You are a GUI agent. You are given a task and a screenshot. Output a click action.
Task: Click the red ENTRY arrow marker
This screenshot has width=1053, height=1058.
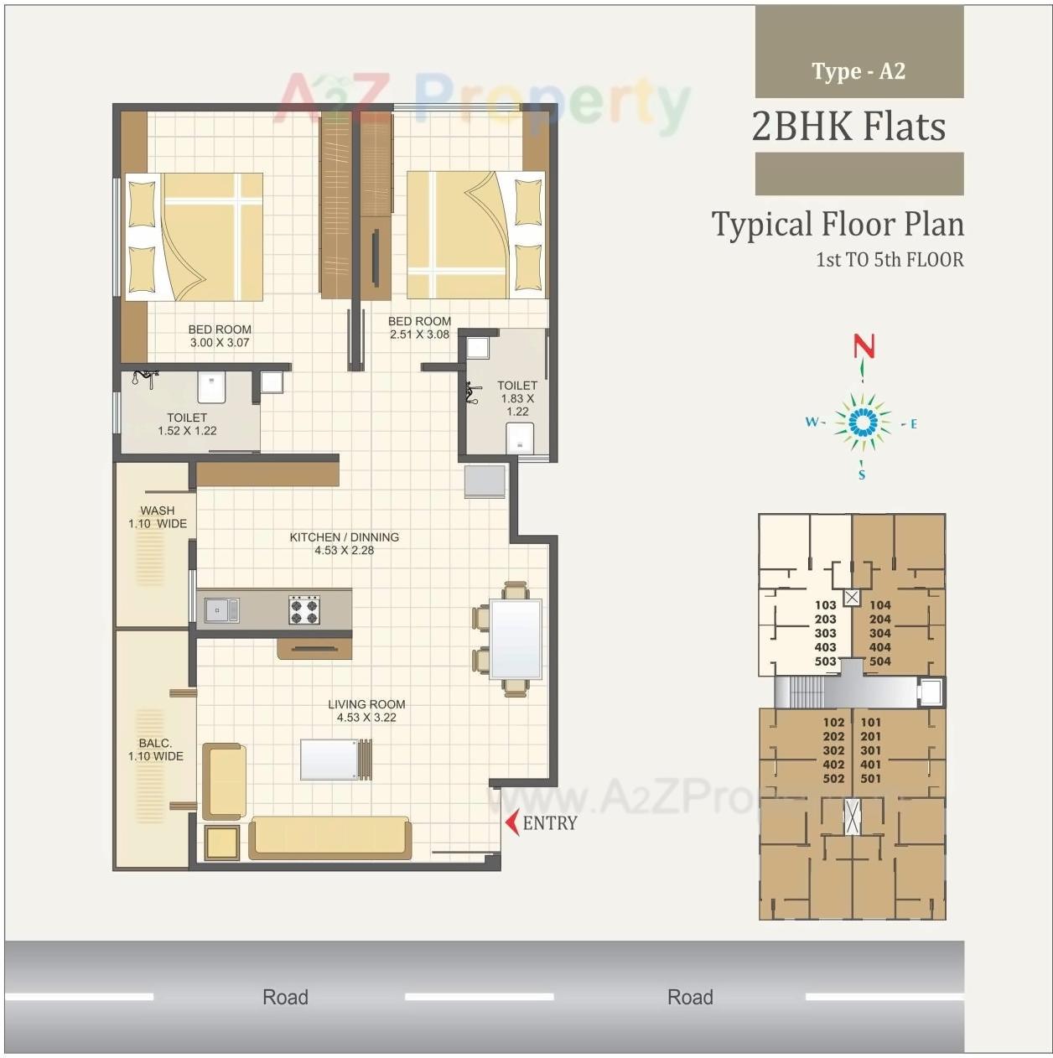tap(511, 822)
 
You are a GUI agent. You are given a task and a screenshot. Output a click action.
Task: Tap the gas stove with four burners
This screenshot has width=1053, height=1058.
tap(303, 610)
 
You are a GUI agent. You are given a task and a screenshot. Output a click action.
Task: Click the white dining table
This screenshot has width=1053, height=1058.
tap(516, 638)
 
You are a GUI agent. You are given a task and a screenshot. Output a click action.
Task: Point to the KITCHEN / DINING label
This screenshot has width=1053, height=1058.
tap(344, 537)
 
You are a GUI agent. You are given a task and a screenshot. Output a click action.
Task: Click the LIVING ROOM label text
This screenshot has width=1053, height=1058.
tap(366, 704)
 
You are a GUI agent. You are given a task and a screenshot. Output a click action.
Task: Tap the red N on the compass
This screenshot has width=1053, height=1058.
tap(864, 346)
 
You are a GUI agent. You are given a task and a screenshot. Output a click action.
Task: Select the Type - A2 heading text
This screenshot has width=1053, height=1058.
tap(858, 71)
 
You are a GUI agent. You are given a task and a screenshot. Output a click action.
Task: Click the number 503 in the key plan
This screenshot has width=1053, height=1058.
tap(825, 661)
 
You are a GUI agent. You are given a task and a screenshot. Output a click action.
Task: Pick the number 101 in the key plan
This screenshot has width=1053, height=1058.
tap(871, 722)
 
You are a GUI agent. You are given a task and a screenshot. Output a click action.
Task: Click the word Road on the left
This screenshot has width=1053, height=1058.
tap(285, 997)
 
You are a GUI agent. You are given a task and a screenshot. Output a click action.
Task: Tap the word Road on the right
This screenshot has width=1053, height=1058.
tap(690, 997)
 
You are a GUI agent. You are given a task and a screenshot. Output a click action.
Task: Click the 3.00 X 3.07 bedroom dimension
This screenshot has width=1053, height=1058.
tap(220, 342)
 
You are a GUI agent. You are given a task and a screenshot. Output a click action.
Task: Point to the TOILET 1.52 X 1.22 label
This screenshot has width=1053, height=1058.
tap(187, 424)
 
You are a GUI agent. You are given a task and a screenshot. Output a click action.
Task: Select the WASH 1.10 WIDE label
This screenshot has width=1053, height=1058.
tap(158, 517)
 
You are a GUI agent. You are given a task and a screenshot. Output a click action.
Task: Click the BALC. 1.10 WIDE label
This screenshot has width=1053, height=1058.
tap(155, 749)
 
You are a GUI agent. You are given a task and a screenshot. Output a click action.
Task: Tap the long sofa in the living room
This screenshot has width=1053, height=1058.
tap(330, 837)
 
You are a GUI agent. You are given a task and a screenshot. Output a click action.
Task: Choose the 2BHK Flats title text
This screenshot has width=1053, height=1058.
tap(848, 127)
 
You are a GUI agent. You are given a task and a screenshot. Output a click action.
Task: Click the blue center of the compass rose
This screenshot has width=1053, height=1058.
tap(862, 422)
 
